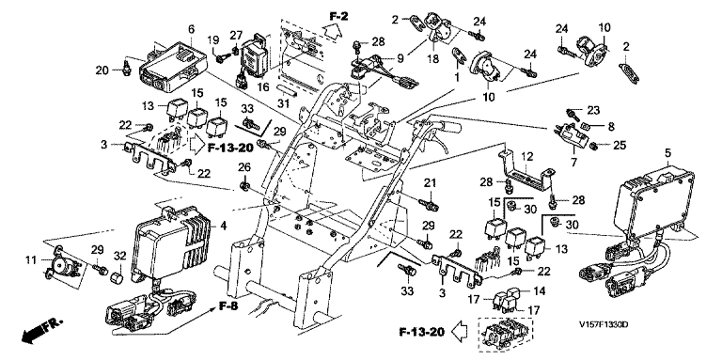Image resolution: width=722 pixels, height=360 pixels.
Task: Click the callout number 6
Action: [x=191, y=29]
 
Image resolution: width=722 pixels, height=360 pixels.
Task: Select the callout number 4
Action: [x=224, y=226]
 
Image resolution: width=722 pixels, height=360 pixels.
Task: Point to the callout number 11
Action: [x=31, y=261]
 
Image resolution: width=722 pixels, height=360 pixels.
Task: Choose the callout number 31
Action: [x=283, y=104]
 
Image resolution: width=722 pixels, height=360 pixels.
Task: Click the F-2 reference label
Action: [x=338, y=17]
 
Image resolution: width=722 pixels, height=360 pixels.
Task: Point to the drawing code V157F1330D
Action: [x=604, y=325]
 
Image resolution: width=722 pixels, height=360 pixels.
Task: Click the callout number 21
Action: [x=430, y=183]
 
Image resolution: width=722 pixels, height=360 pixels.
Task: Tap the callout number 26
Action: [x=244, y=166]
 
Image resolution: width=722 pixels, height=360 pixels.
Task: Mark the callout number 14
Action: [x=540, y=291]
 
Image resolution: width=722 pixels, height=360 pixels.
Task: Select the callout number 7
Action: [x=573, y=162]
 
